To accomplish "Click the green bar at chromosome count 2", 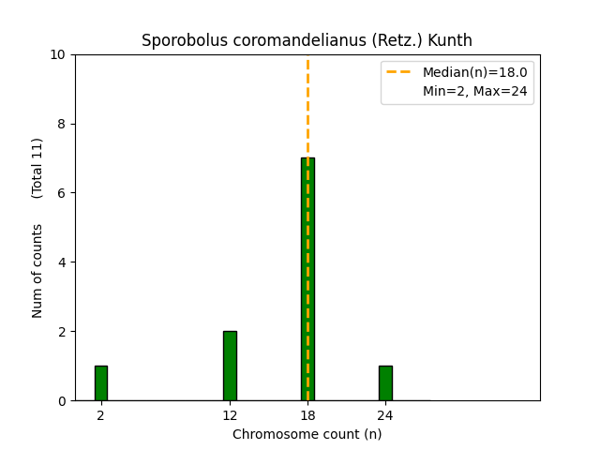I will pos(100,383).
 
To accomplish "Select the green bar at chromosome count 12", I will pos(230,366).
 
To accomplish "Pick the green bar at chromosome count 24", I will pos(385,383).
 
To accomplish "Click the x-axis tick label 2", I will pos(100,415).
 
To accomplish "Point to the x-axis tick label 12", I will pos(230,415).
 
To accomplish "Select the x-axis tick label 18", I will pos(307,415).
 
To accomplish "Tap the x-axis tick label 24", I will pos(385,415).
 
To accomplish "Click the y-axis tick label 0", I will pos(63,400).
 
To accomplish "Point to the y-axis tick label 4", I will pos(63,262).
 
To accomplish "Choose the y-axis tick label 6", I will pos(63,193).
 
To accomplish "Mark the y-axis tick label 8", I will pos(63,124).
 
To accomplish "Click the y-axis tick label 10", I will pos(59,54).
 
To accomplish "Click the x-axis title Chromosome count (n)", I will pos(307,434).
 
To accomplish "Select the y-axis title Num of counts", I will pos(37,271).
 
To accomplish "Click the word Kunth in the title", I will pos(450,40).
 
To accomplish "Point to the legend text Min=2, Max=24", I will pos(474,91).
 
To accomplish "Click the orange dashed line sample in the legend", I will pos(400,72).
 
